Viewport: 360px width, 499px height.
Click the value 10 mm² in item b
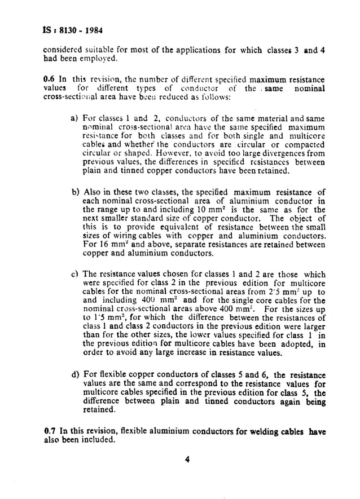click(x=187, y=210)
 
